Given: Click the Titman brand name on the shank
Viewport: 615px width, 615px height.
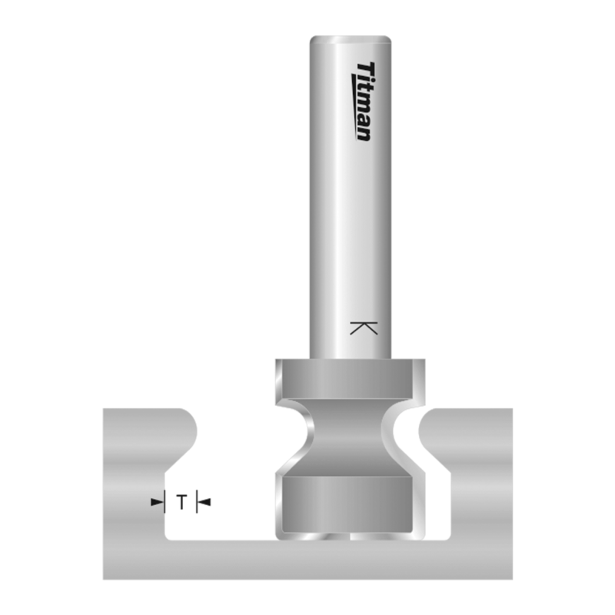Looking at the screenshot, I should [364, 101].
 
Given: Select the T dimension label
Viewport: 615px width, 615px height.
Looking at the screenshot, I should [181, 503].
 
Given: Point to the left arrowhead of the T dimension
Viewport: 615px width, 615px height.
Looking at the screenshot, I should [160, 503].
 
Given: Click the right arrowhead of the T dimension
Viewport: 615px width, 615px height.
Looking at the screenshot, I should [202, 503].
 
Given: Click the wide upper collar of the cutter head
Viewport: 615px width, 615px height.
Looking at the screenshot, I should [351, 378].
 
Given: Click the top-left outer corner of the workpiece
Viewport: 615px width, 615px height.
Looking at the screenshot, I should [105, 411].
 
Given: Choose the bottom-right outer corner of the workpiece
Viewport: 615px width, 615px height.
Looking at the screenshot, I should [511, 578].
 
